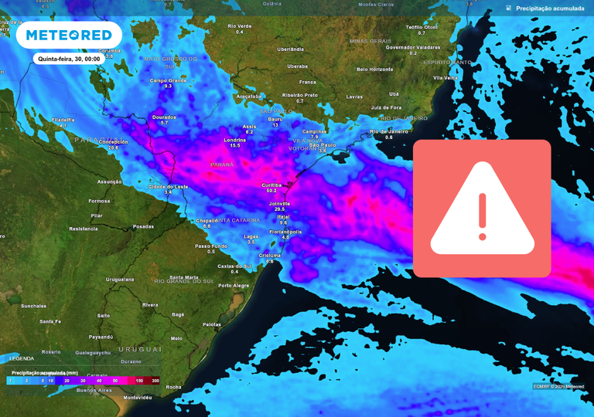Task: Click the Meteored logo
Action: coord(69,36)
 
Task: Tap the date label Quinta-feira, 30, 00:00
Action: coord(69,59)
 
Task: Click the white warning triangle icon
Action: coord(482,209)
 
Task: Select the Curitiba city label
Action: coord(271,185)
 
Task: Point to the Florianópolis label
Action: coord(285,232)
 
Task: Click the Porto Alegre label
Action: coord(234,286)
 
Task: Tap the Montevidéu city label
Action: coord(138,398)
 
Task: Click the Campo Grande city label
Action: coord(168,80)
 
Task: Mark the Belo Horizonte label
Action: coord(374,69)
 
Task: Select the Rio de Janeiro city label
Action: coord(388,131)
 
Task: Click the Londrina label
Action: coord(235,140)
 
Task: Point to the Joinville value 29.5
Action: coord(279,209)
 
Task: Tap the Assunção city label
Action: coord(110,182)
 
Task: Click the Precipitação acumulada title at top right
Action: coord(550,8)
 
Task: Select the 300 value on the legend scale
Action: coord(155,381)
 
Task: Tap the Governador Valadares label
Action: coord(413,47)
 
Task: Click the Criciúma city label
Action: coord(270,255)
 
